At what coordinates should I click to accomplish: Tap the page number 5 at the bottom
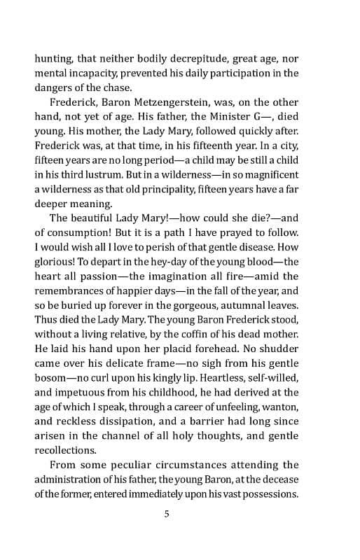tap(167, 519)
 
